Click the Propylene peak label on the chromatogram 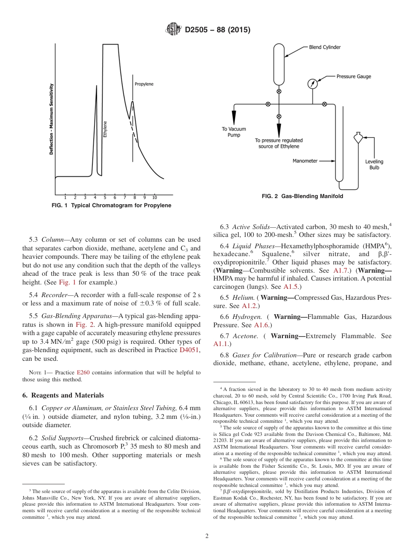tap(143, 84)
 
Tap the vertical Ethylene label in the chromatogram tap(105, 130)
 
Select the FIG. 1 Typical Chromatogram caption tap(111, 206)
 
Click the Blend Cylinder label tap(325, 47)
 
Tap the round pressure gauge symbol tap(312, 84)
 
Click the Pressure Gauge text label tap(353, 76)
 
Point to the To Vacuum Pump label tap(234, 132)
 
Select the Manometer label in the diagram tap(305, 161)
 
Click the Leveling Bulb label tap(374, 164)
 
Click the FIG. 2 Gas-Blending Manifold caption tap(302, 196)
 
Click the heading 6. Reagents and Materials tap(63, 395)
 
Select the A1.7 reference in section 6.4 tap(340, 271)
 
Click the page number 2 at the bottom tap(207, 536)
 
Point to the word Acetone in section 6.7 tap(244, 336)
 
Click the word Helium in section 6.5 tap(243, 298)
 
